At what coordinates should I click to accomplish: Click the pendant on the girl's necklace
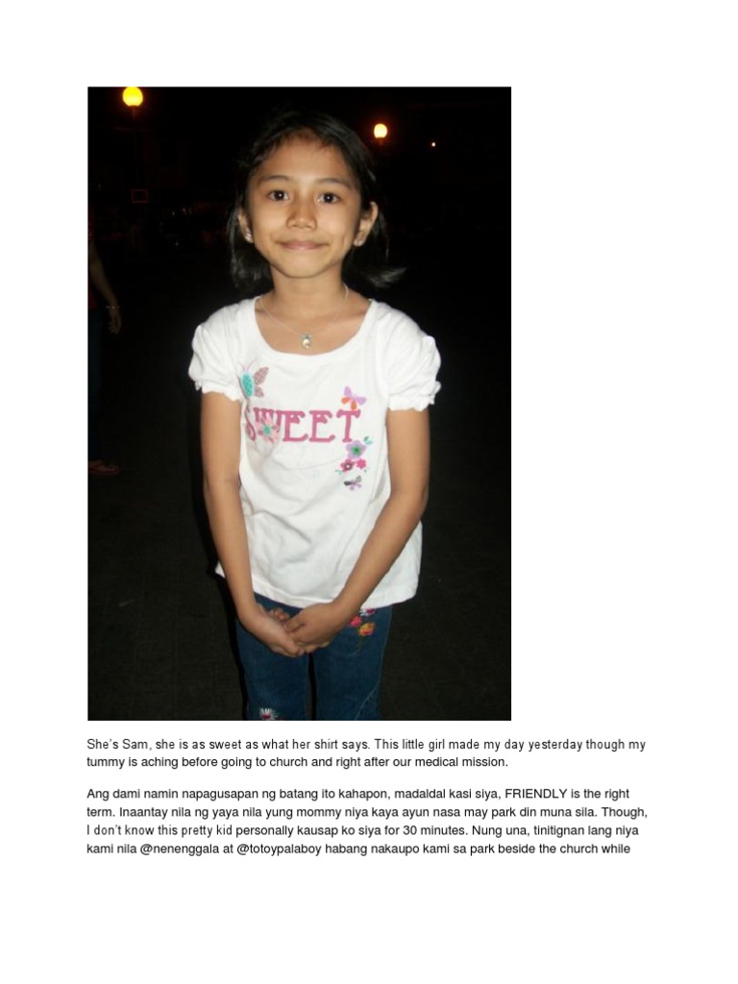pyautogui.click(x=306, y=340)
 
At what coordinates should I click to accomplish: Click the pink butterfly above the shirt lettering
pyautogui.click(x=353, y=398)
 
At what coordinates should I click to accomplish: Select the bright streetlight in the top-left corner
pyautogui.click(x=132, y=96)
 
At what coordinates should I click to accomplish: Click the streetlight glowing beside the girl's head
pyautogui.click(x=381, y=131)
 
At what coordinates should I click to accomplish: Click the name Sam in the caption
pyautogui.click(x=133, y=745)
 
